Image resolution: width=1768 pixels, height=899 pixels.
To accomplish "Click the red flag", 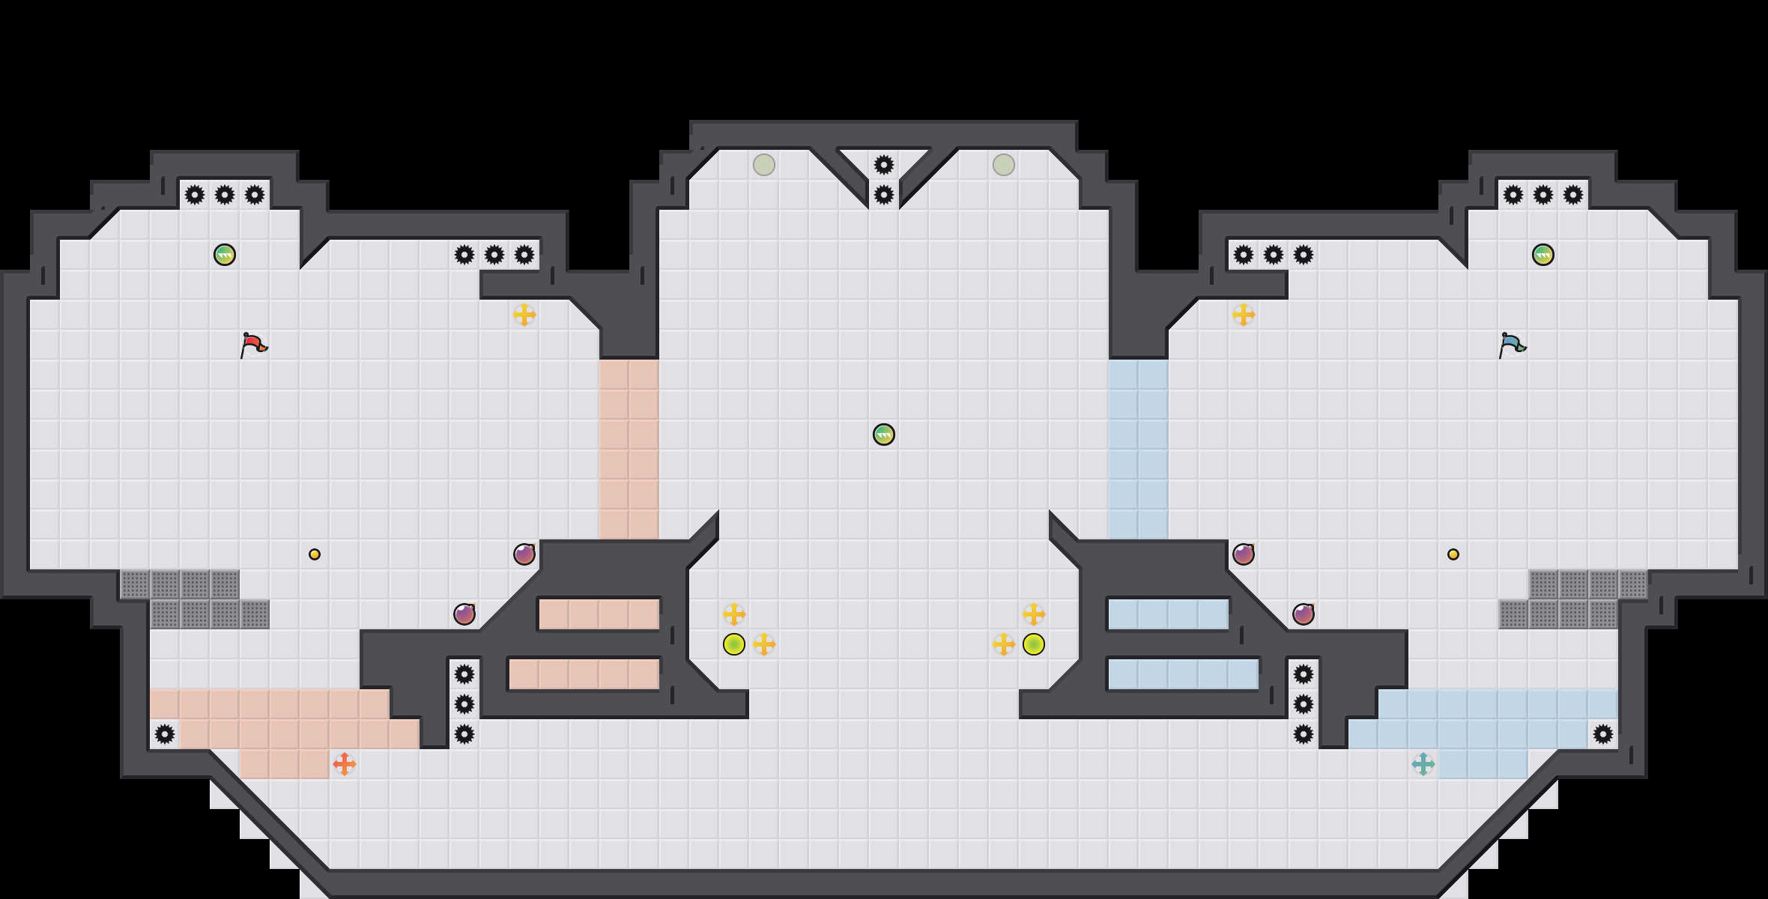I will (253, 345).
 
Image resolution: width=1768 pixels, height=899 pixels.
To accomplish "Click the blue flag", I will (1512, 345).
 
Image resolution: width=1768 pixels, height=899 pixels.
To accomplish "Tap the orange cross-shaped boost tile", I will (344, 764).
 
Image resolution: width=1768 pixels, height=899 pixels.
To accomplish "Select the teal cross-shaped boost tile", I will (1423, 764).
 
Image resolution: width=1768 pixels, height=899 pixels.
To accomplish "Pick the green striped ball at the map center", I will (884, 435).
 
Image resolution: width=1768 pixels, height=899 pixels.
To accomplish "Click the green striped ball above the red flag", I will (225, 255).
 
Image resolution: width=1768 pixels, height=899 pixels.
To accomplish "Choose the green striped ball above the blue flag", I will (1543, 255).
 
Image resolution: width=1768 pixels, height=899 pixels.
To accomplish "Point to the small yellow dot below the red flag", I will (315, 554).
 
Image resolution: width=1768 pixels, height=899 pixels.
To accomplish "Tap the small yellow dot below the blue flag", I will (1453, 554).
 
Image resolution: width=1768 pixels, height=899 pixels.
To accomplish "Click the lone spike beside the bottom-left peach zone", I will (165, 734).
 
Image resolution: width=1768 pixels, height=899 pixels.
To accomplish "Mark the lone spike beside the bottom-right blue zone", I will (1603, 734).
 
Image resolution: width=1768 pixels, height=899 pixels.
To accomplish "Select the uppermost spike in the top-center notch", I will (884, 165).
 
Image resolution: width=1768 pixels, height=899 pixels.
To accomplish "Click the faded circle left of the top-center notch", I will (764, 165).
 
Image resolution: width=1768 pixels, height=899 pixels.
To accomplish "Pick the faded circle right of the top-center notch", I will (1004, 165).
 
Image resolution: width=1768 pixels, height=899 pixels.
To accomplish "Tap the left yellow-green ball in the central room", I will (734, 644).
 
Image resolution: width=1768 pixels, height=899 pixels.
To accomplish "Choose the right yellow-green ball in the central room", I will (1034, 644).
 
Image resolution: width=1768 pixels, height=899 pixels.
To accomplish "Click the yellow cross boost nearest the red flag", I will (524, 315).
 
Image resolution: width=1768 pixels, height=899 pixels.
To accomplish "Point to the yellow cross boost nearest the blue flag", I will (1244, 315).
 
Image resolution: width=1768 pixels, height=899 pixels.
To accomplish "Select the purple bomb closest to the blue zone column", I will (1244, 554).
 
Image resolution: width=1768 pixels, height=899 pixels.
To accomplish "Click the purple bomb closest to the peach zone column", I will (524, 554).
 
